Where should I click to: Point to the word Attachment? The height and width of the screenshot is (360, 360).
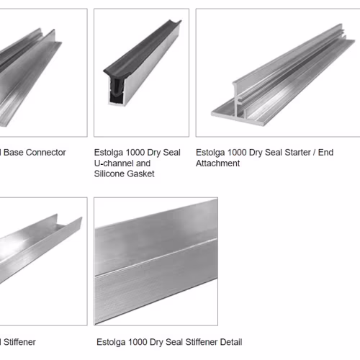(x=217, y=163)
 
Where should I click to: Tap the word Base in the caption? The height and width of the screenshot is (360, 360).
(x=13, y=153)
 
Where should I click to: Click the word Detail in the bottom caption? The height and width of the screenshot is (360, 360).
(x=231, y=342)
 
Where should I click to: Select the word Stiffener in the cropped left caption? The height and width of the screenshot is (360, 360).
(x=19, y=342)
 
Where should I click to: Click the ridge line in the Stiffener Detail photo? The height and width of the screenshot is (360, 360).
(x=156, y=257)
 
